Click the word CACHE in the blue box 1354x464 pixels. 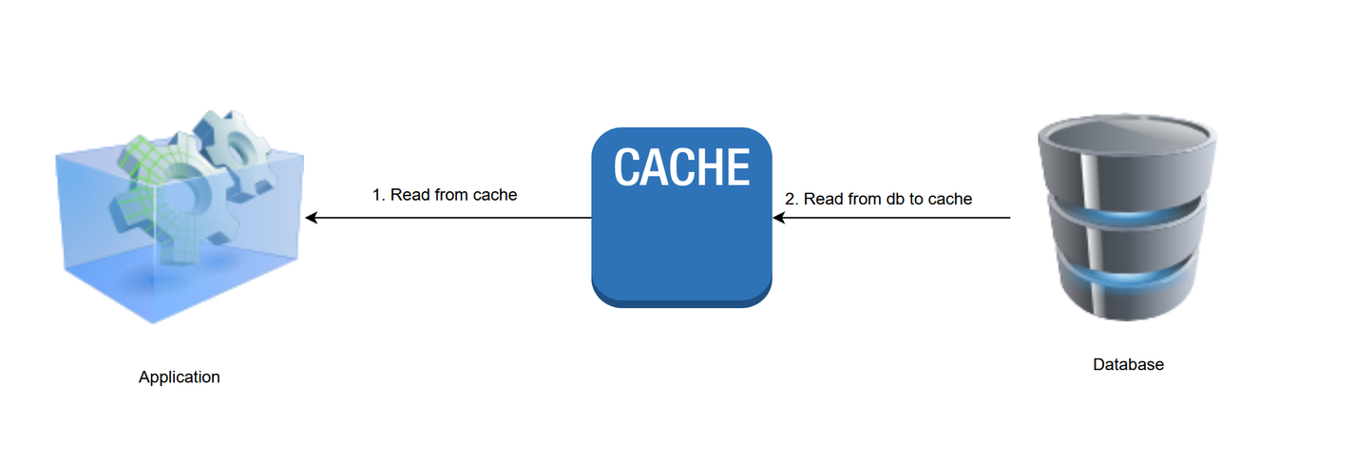(x=681, y=167)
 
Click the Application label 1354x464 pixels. (x=179, y=377)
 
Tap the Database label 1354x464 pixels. (x=1128, y=364)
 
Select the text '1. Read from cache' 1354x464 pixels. (x=444, y=195)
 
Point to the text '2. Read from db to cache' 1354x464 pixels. (x=878, y=199)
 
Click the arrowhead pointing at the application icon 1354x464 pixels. (x=311, y=218)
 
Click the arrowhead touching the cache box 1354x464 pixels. (x=778, y=218)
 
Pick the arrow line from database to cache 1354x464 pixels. (x=893, y=218)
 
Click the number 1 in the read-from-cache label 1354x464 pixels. (x=376, y=195)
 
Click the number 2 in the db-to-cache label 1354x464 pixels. (x=790, y=199)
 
